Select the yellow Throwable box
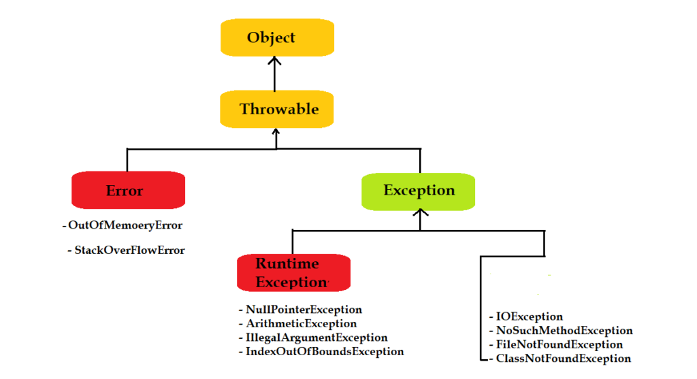(x=277, y=109)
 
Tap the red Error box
(x=128, y=190)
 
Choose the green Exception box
(x=418, y=190)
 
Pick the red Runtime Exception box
(x=293, y=272)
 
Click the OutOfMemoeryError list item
(x=125, y=225)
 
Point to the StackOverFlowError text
(x=129, y=250)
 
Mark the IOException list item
(x=529, y=316)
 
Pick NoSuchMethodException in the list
(x=564, y=331)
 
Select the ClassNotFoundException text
(x=563, y=358)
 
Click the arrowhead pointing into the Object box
(x=275, y=61)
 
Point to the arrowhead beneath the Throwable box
(x=276, y=132)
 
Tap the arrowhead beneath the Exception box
(x=420, y=214)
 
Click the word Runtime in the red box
(x=287, y=264)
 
